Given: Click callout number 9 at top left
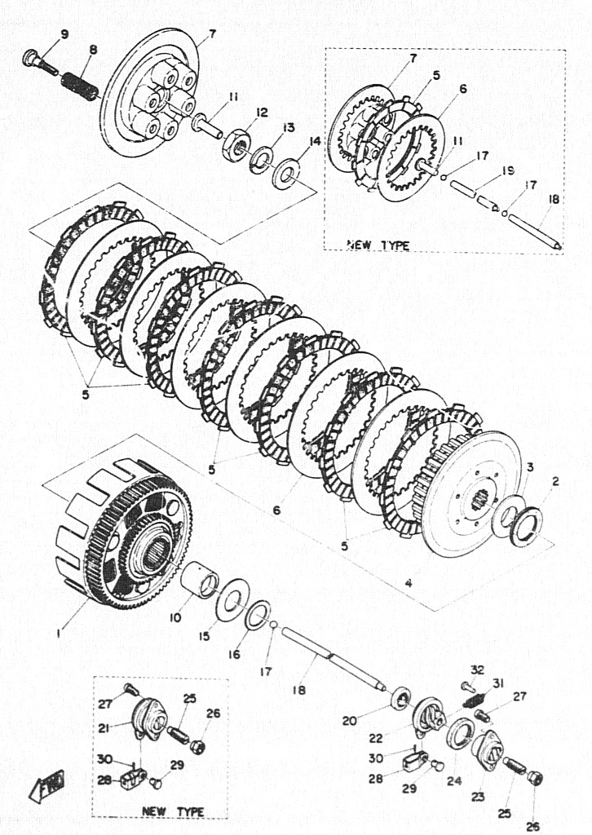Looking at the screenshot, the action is coord(64,35).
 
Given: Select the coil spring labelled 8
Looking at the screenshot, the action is coord(80,86).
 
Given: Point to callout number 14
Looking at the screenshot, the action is coord(315,141).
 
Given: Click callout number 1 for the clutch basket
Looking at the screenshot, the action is coord(59,634).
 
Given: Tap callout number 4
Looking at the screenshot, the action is coord(409,582).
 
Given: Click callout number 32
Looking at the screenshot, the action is coord(478,669).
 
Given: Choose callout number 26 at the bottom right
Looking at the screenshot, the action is coord(532,827).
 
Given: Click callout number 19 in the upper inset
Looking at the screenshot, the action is coord(507,171).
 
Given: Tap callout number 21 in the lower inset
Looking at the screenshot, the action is coord(104,728).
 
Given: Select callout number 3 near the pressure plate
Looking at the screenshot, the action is coord(530,467).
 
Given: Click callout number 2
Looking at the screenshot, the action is coord(555,481).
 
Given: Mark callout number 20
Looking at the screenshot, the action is coord(349,721).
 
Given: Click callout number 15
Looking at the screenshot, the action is coord(205,636).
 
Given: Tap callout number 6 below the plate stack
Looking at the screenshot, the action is coord(276,510).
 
